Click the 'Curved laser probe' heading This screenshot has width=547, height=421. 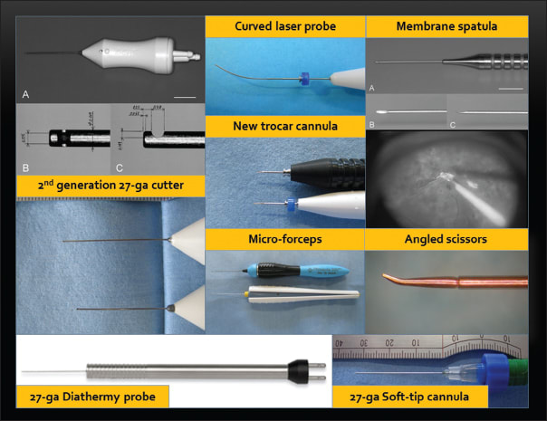(x=284, y=27)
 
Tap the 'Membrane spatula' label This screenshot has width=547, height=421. (x=446, y=27)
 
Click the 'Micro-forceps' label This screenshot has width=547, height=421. (x=284, y=239)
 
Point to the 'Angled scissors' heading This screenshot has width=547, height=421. (x=446, y=239)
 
